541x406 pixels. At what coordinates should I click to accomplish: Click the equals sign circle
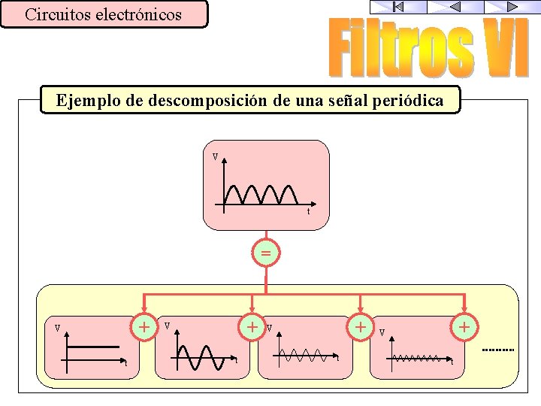pyautogui.click(x=266, y=253)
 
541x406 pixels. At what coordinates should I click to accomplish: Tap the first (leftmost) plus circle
pyautogui.click(x=143, y=326)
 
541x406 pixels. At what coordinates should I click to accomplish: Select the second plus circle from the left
pyautogui.click(x=254, y=326)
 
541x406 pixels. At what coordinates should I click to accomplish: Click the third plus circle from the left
pyautogui.click(x=361, y=326)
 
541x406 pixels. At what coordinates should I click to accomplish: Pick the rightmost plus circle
pyautogui.click(x=465, y=326)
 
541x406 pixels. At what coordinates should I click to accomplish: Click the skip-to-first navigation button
pyautogui.click(x=398, y=7)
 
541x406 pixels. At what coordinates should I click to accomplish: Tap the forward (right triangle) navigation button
pyautogui.click(x=512, y=7)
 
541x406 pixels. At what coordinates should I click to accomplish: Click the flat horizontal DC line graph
pyautogui.click(x=94, y=347)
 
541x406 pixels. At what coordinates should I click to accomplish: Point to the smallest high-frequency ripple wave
pyautogui.click(x=417, y=358)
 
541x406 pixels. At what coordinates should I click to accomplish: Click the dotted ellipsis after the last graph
pyautogui.click(x=497, y=350)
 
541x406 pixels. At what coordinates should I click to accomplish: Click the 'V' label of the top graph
pyautogui.click(x=215, y=158)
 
